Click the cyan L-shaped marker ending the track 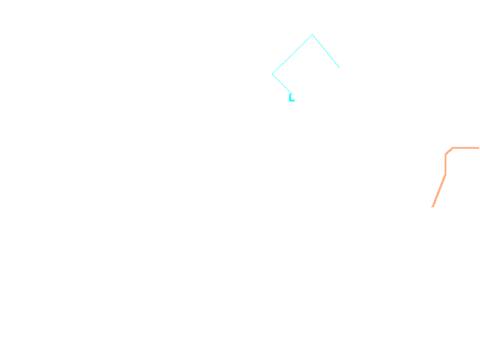pyautogui.click(x=292, y=98)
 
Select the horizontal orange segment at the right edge pyautogui.click(x=466, y=148)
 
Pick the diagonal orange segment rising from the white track pyautogui.click(x=439, y=191)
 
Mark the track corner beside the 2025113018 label pyautogui.click(x=313, y=35)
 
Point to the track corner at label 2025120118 pyautogui.click(x=274, y=74)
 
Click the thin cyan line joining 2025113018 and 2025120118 pyautogui.click(x=293, y=55)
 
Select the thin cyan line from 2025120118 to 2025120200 pyautogui.click(x=283, y=84)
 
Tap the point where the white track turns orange pyautogui.click(x=433, y=208)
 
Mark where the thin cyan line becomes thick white pyautogui.click(x=339, y=67)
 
